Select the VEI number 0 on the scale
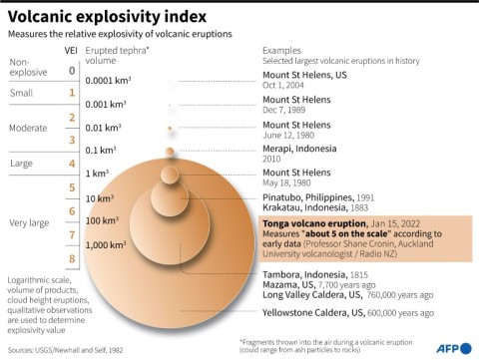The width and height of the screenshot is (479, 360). [x=71, y=71]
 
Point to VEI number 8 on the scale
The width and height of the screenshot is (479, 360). [x=71, y=259]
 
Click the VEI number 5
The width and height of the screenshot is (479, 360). [x=71, y=186]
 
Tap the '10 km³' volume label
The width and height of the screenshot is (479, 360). [x=101, y=198]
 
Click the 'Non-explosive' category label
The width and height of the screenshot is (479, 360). [x=28, y=67]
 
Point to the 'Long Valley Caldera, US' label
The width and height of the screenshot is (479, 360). [x=320, y=295]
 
